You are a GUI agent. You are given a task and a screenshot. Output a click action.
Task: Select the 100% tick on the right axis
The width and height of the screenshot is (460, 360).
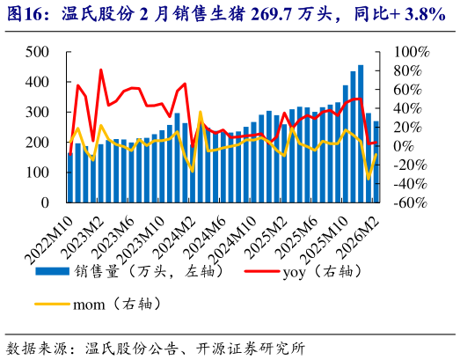tap(410, 52)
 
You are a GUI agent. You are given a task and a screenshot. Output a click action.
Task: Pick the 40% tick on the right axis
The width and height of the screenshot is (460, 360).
tap(406, 108)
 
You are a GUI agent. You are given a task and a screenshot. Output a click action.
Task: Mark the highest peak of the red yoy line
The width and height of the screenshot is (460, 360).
tap(101, 70)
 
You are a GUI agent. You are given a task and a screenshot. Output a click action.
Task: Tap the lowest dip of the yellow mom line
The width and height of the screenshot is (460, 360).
tap(369, 180)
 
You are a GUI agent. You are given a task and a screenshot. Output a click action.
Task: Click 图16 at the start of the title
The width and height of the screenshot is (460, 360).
tap(26, 14)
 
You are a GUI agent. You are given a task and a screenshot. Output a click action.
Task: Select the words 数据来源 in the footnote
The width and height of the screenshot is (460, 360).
tap(32, 347)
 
